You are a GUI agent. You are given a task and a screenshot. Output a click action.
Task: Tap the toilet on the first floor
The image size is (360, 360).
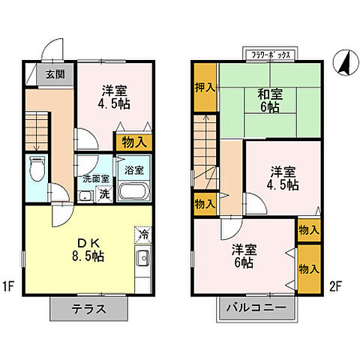point(36,169)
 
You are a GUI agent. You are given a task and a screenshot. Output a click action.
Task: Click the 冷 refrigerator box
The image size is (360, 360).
point(142,235)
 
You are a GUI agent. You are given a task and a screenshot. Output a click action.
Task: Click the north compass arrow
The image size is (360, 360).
point(344,62)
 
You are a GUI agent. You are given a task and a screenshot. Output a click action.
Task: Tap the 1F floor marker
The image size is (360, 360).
point(10,286)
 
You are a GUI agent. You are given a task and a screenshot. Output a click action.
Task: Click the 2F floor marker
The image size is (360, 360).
point(336,286)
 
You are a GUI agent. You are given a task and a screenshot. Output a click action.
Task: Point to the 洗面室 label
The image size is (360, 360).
point(96,179)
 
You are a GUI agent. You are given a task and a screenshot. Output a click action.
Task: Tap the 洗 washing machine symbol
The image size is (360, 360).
point(105,195)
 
